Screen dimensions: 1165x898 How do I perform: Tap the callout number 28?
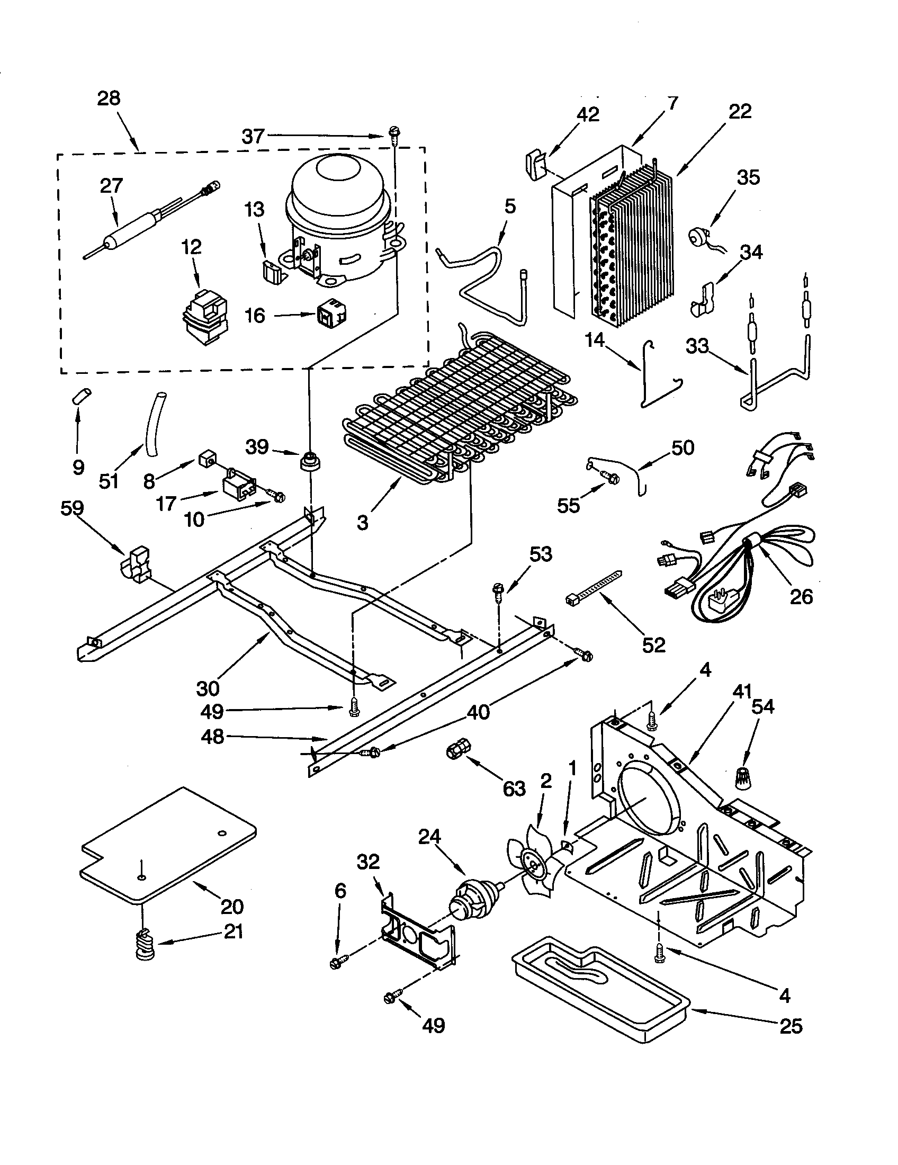click(109, 98)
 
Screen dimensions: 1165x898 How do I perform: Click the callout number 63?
click(514, 789)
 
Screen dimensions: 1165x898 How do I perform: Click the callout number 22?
click(740, 111)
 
